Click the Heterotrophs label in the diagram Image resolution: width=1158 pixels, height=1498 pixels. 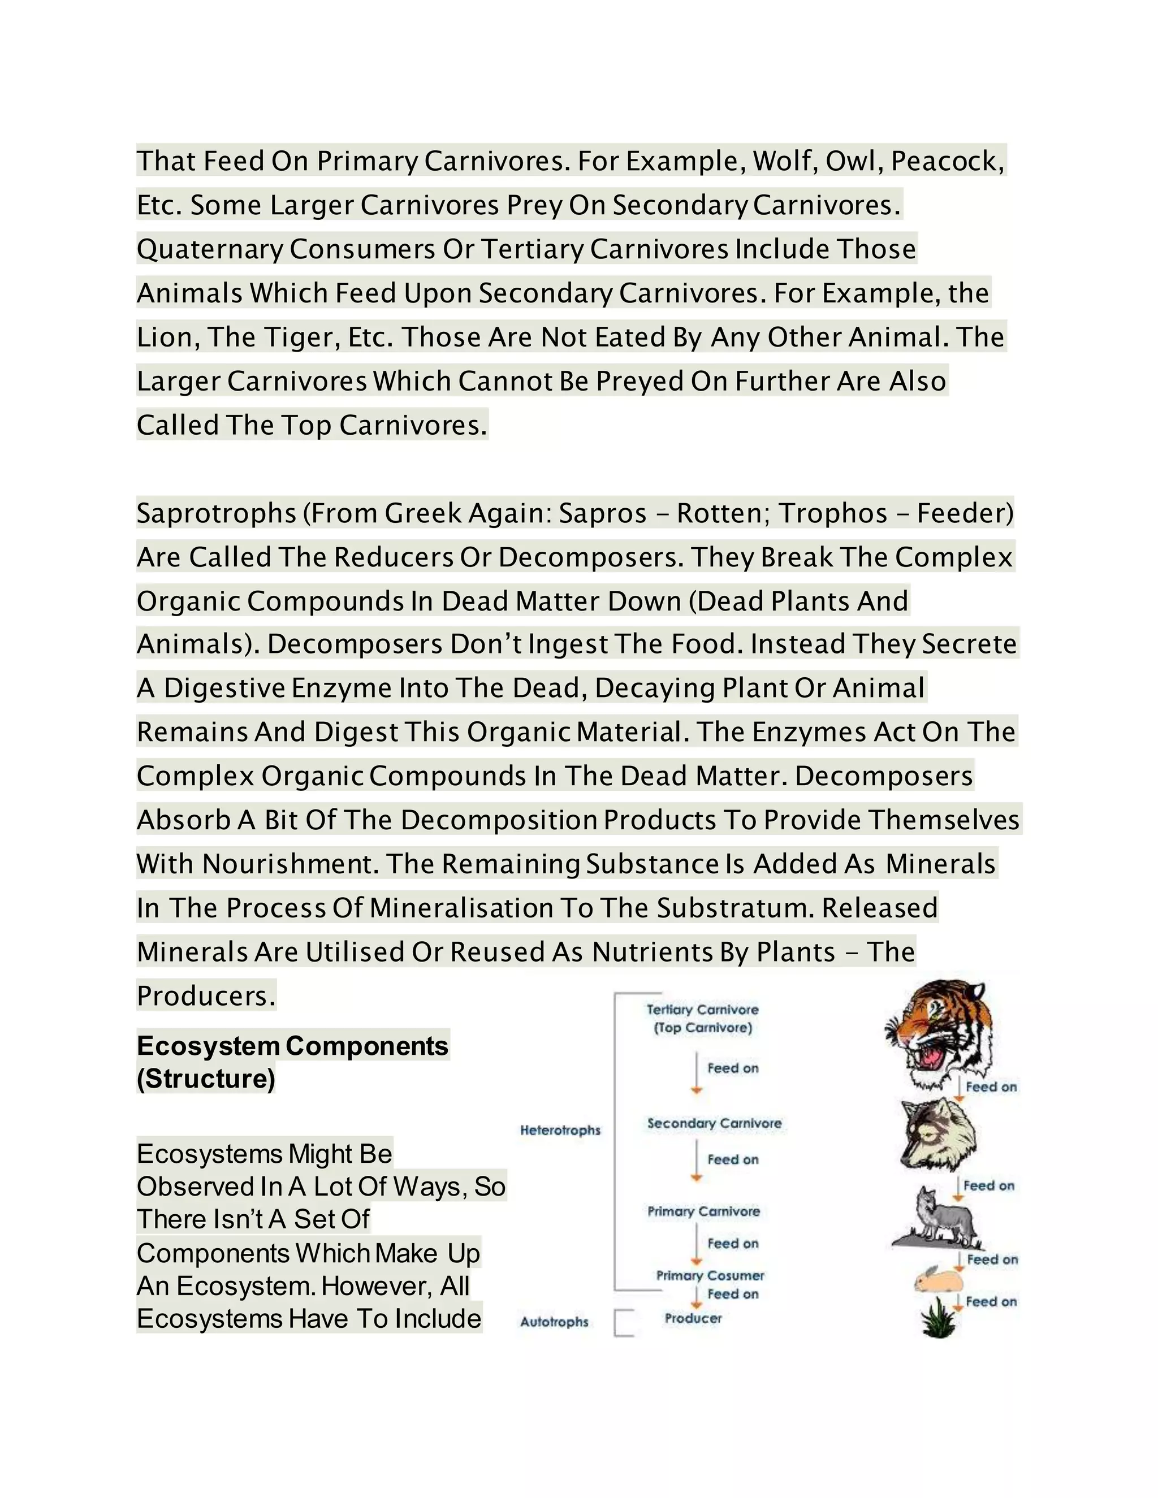[x=560, y=1129]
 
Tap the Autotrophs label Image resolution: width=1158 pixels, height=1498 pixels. [x=554, y=1321]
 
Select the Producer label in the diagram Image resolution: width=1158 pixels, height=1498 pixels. [x=693, y=1318]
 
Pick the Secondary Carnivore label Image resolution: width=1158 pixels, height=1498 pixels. [x=714, y=1123]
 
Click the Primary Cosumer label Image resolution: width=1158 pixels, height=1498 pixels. [x=710, y=1275]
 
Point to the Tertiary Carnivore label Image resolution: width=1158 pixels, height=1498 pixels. [x=702, y=1010]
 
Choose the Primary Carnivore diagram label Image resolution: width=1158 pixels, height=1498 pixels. [x=704, y=1211]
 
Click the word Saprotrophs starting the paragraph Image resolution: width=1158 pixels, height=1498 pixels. [x=216, y=514]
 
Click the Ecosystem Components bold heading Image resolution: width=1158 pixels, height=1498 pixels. [x=292, y=1046]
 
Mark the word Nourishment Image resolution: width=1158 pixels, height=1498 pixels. [x=290, y=864]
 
